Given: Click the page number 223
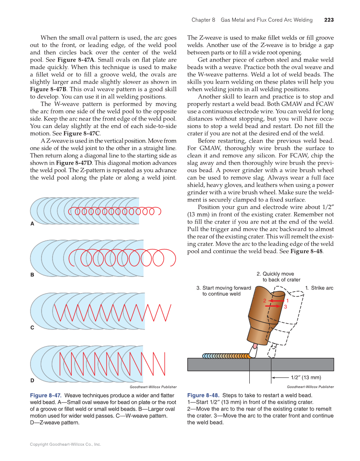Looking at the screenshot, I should pos(329,20).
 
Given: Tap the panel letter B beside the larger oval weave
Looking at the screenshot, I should pos(32,275).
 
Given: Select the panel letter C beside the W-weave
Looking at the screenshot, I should pos(32,328).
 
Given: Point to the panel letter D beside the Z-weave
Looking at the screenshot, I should pos(32,380).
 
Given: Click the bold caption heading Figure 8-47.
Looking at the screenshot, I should pos(45,395).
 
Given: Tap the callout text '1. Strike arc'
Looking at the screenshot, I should pos(319,288).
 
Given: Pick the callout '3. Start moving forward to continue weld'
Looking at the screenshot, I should pos(223,291).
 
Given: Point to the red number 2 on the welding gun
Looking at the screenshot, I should pos(264,301).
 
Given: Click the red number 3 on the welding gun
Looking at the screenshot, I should pos(285,307).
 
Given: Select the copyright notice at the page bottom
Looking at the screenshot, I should pos(65,444).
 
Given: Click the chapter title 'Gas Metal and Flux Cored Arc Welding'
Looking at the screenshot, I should pos(266,20).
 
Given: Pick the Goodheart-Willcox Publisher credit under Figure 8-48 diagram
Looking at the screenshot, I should pos(310,387).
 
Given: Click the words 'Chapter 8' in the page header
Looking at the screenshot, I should pos(204,20).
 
